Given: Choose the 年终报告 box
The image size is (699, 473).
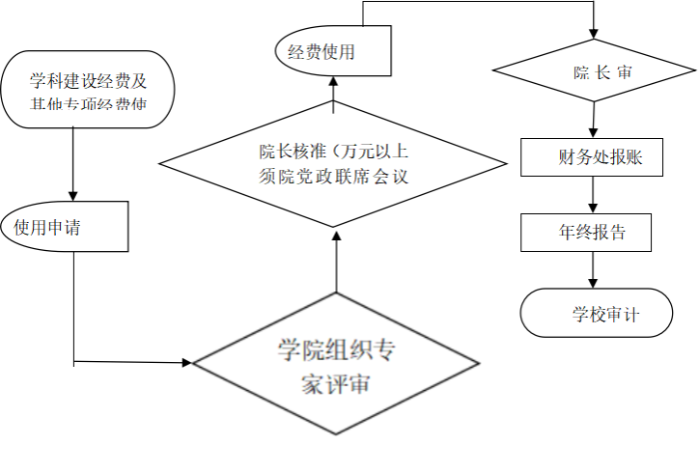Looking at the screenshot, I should click(585, 233).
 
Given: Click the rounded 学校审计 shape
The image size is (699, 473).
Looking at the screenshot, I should click(596, 314).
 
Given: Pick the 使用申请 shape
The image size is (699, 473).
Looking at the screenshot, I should click(66, 228).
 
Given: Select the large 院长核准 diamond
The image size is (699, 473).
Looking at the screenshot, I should click(332, 163).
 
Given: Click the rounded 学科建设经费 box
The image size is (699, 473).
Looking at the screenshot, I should click(88, 90).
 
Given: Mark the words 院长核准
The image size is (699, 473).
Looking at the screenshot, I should click(291, 152).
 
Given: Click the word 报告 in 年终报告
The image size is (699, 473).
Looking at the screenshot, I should click(605, 233).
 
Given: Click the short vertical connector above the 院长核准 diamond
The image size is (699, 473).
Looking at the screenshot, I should click(333, 109).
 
